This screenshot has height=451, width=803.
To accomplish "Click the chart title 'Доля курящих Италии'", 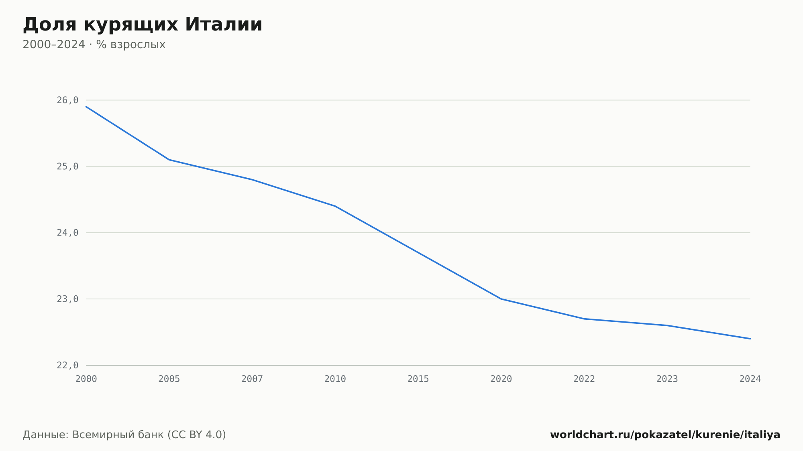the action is (x=143, y=25).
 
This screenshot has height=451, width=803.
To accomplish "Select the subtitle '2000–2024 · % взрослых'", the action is (x=94, y=45).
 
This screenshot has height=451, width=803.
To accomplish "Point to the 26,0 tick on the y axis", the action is (x=67, y=100).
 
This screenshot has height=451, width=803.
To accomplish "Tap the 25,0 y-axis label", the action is (x=67, y=167).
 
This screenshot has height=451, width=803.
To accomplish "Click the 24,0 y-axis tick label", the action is (x=67, y=233).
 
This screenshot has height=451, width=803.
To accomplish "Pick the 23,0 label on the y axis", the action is (x=67, y=299).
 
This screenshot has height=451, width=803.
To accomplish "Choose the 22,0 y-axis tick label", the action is (x=67, y=365).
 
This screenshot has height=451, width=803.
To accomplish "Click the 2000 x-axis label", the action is (x=86, y=379).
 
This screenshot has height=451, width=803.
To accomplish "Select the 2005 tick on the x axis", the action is (x=169, y=379).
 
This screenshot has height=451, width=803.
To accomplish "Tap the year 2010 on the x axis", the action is (x=335, y=379).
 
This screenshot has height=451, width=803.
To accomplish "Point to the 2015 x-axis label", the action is (x=418, y=379).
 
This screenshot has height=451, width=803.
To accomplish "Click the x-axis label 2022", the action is (x=584, y=379).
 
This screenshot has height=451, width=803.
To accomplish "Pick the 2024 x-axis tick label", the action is (x=750, y=379).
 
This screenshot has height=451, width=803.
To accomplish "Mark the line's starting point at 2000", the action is (x=86, y=107).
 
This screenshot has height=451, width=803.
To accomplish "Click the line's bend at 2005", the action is (x=169, y=160).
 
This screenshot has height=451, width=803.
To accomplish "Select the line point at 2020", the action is (x=501, y=299).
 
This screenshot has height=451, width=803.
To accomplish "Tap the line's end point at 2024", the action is (x=750, y=339).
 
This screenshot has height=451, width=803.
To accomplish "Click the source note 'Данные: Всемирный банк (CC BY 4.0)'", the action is (x=124, y=435).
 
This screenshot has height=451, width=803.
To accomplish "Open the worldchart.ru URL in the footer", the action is (x=665, y=435).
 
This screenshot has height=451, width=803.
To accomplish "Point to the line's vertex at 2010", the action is (x=335, y=206).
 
